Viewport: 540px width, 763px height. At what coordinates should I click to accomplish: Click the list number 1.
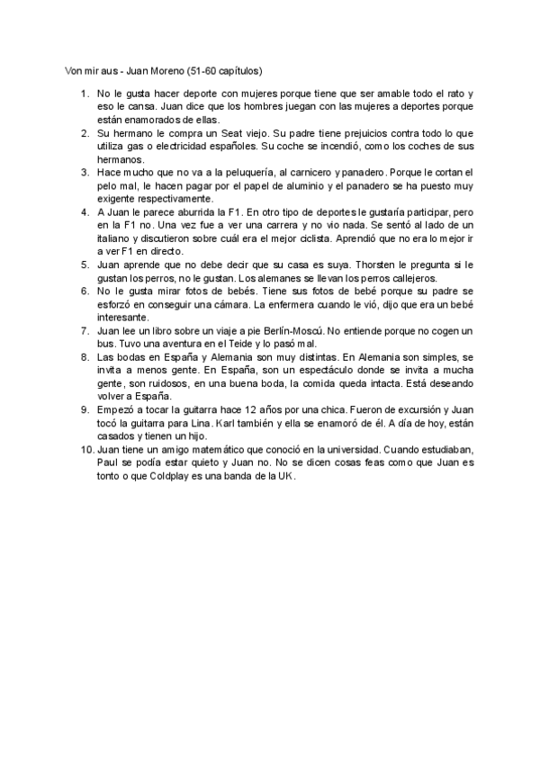click(x=85, y=94)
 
